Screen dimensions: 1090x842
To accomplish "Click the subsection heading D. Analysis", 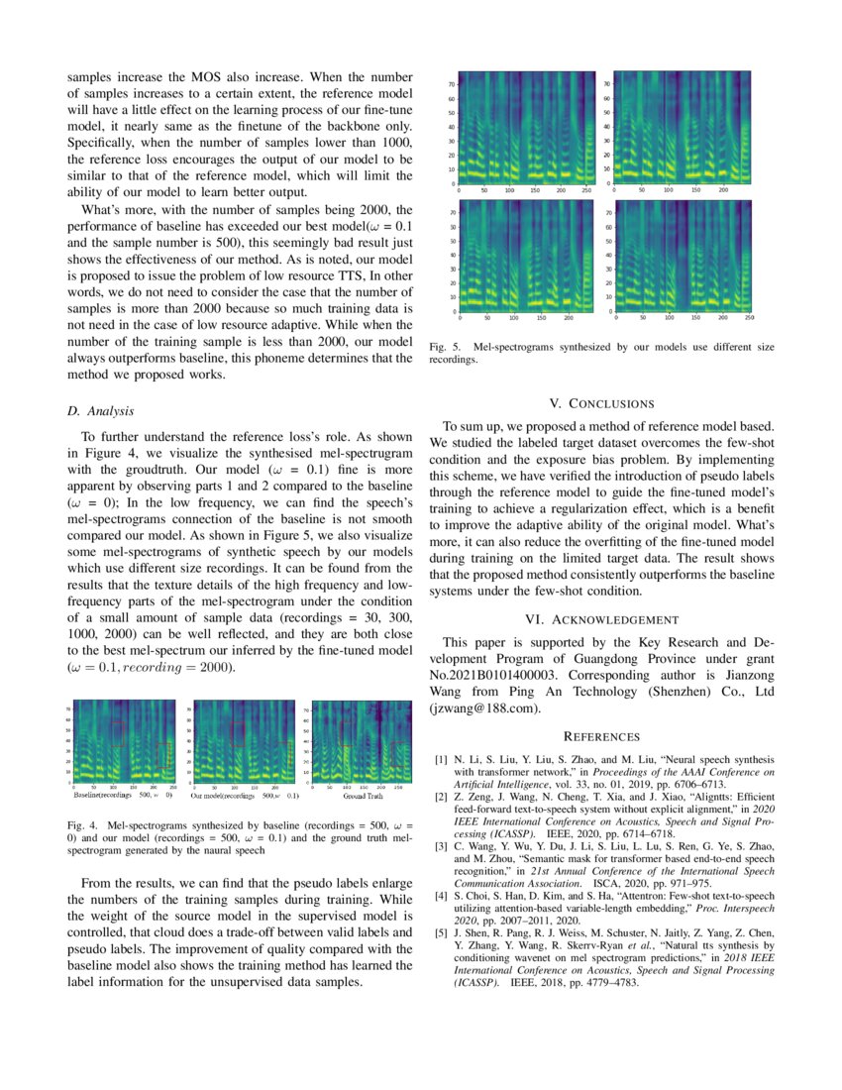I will [100, 410].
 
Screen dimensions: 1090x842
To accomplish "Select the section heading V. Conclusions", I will [601, 403].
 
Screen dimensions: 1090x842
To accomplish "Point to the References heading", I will [601, 736].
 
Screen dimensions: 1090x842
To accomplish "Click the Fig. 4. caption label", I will [83, 824].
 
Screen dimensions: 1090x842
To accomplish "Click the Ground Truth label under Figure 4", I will [364, 795].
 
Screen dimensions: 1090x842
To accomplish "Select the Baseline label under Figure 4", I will [94, 795].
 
